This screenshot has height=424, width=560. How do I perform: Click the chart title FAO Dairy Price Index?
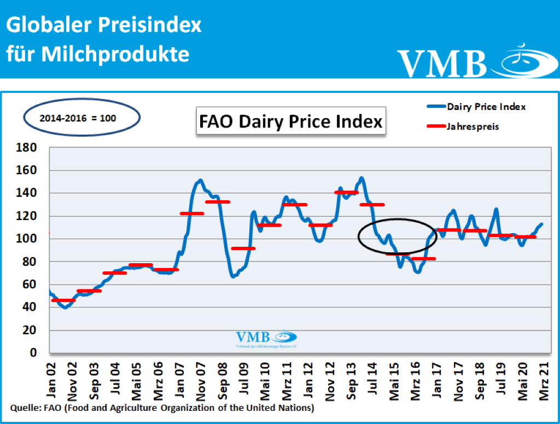291,121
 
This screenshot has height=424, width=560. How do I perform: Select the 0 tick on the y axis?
33,353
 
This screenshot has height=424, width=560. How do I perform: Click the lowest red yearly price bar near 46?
63,300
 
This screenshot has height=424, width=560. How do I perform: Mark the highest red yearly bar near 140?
346,193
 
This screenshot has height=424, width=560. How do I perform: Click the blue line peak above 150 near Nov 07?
200,180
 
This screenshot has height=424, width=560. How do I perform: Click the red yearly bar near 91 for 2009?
243,248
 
